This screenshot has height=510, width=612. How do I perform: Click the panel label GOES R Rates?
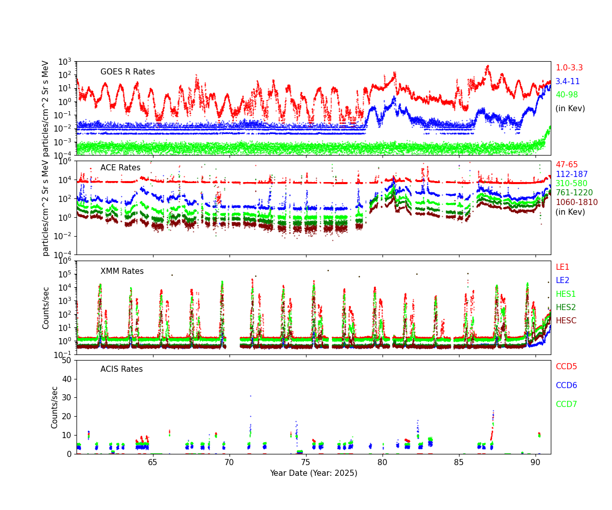[127, 72]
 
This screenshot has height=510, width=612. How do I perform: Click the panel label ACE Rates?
[120, 168]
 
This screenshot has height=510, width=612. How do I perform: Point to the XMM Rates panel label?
[122, 271]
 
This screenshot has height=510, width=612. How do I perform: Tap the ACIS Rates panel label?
[121, 369]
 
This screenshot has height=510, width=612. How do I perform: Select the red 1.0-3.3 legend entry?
[569, 68]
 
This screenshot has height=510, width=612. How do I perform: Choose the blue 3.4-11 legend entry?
[568, 82]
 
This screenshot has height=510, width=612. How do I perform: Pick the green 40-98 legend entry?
[567, 95]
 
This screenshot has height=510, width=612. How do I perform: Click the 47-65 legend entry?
[567, 165]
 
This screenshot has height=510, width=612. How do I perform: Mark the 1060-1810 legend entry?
[576, 202]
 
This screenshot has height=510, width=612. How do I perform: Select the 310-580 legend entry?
[571, 184]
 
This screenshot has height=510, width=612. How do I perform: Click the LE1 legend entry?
[563, 267]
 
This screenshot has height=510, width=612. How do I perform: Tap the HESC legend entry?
[566, 321]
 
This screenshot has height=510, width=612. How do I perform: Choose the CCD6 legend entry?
[566, 386]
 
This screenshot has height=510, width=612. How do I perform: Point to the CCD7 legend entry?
[566, 404]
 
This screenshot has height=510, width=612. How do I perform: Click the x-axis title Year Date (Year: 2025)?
[314, 473]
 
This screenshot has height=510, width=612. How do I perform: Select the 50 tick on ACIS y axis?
[67, 360]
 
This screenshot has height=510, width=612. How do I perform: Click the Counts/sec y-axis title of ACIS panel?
[55, 407]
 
